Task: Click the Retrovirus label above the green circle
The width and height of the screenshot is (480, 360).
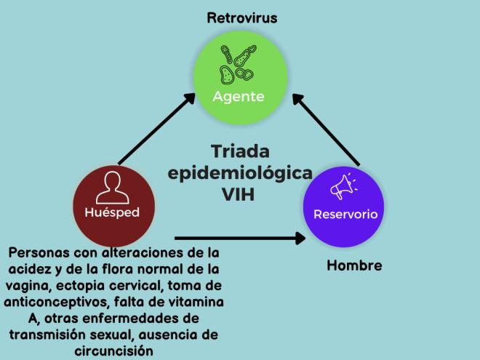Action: click(241, 17)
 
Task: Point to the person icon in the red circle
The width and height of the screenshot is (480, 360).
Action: click(113, 186)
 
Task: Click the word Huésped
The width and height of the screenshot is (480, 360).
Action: click(113, 212)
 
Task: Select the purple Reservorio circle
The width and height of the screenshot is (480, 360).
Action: click(345, 203)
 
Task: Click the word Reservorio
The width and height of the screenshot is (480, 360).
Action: click(345, 215)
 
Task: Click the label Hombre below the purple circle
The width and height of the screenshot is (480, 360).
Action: click(354, 265)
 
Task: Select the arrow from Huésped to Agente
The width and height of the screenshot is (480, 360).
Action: click(156, 128)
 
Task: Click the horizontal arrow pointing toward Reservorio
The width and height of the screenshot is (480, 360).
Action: click(240, 237)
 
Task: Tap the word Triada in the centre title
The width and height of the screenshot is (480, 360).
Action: click(240, 152)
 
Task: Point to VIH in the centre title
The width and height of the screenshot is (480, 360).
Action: click(240, 194)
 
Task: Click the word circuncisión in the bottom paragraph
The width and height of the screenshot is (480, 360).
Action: click(113, 350)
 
